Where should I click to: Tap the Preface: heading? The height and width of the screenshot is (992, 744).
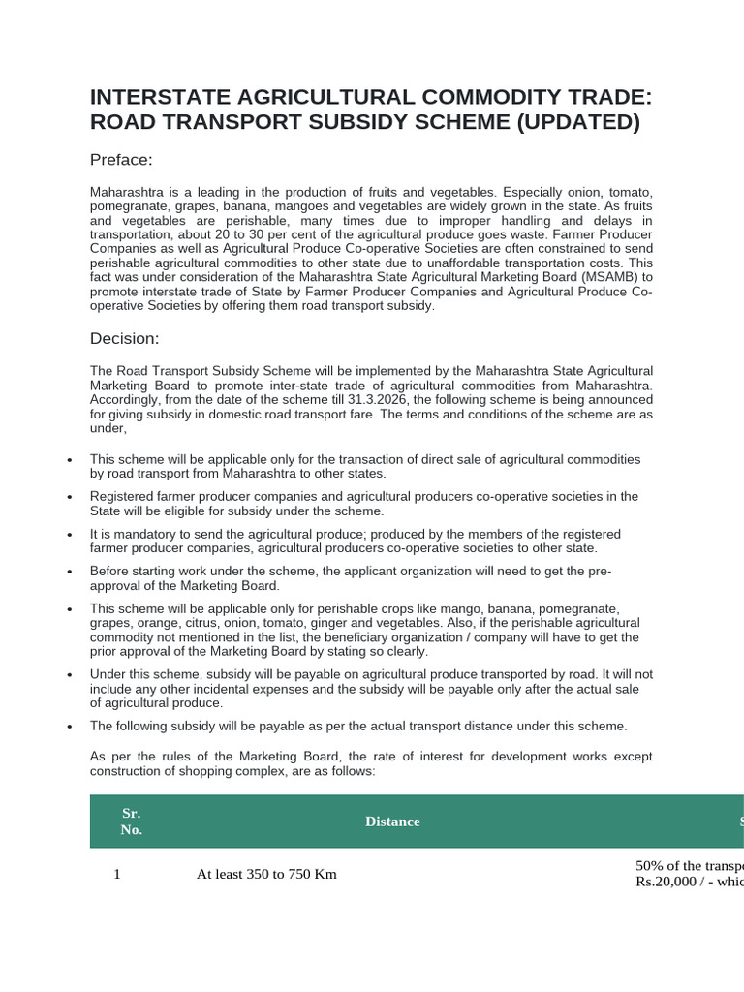[122, 160]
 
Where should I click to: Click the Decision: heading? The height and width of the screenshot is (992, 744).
[124, 338]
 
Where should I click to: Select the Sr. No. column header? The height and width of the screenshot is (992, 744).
[131, 821]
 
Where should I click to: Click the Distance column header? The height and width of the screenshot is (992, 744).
[392, 821]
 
